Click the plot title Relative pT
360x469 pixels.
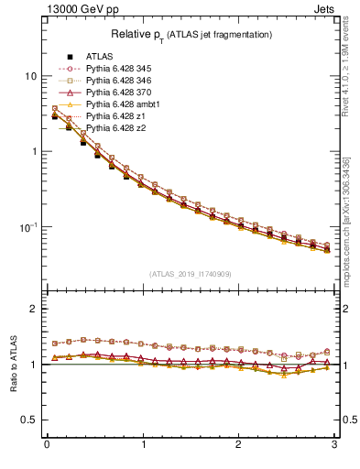click(x=191, y=35)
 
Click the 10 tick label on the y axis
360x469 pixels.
click(x=29, y=76)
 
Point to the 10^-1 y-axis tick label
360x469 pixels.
click(x=27, y=227)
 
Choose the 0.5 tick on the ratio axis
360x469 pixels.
click(x=28, y=420)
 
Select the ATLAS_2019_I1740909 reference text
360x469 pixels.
click(x=191, y=273)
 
